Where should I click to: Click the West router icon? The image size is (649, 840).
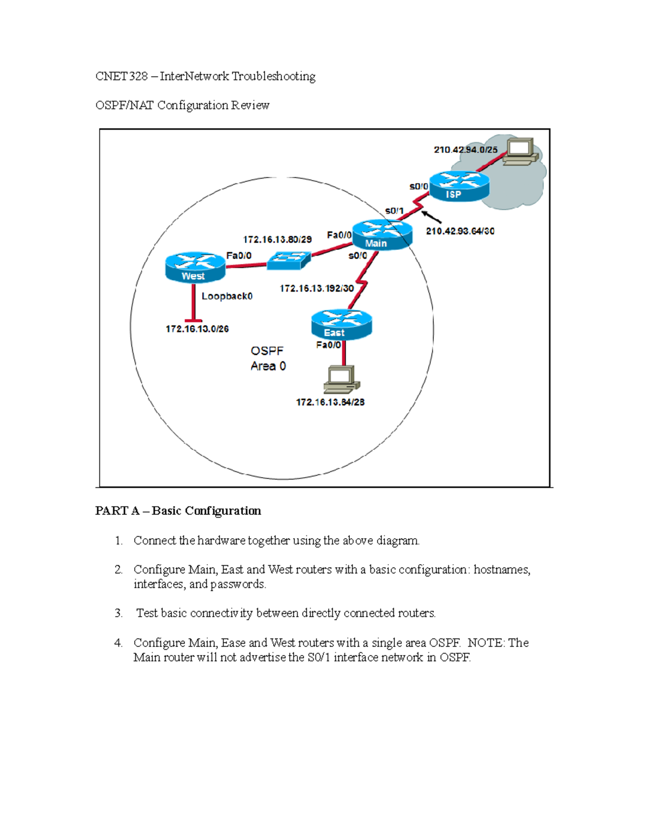click(195, 267)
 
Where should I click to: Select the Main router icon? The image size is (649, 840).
click(382, 235)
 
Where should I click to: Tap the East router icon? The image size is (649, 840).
click(341, 324)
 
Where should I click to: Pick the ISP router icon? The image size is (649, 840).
click(459, 186)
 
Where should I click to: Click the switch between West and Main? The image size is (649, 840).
click(289, 261)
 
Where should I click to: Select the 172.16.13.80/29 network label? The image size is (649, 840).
click(277, 239)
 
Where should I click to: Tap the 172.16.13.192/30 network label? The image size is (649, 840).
click(316, 288)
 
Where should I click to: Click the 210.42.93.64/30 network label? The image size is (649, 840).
click(460, 231)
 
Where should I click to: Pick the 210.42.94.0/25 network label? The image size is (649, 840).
click(465, 150)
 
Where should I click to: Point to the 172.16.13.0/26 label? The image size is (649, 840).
click(197, 329)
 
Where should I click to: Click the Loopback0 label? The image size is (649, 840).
click(227, 296)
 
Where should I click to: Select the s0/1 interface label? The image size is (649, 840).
click(394, 210)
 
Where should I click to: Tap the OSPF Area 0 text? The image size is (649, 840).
click(268, 359)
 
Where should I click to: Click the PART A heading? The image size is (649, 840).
click(178, 511)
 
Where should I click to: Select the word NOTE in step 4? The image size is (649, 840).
click(485, 643)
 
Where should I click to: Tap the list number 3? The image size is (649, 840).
click(118, 613)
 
